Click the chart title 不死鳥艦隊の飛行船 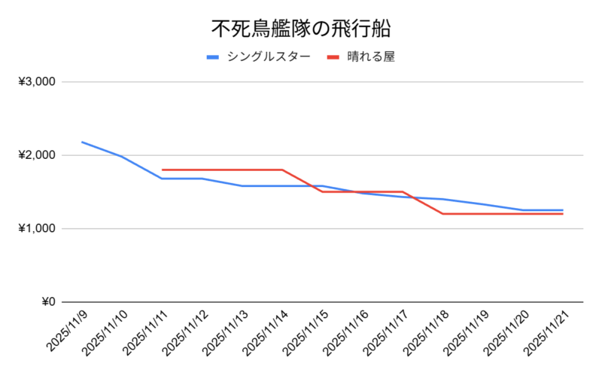click(x=301, y=29)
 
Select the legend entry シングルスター click(x=268, y=57)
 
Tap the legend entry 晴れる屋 click(x=372, y=57)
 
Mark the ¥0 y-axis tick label click(x=47, y=302)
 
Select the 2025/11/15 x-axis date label click(x=306, y=332)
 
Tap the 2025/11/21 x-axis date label click(x=546, y=332)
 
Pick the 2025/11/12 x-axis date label click(x=185, y=332)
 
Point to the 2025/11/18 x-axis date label click(x=426, y=332)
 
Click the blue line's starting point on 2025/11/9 click(x=82, y=142)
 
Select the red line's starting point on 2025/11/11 click(x=163, y=170)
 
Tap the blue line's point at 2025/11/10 click(x=122, y=156)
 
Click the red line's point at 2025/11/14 click(x=282, y=170)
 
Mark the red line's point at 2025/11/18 click(x=442, y=214)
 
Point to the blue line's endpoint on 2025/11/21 click(x=562, y=210)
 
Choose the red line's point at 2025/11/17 click(x=403, y=191)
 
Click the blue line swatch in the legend click(x=213, y=57)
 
